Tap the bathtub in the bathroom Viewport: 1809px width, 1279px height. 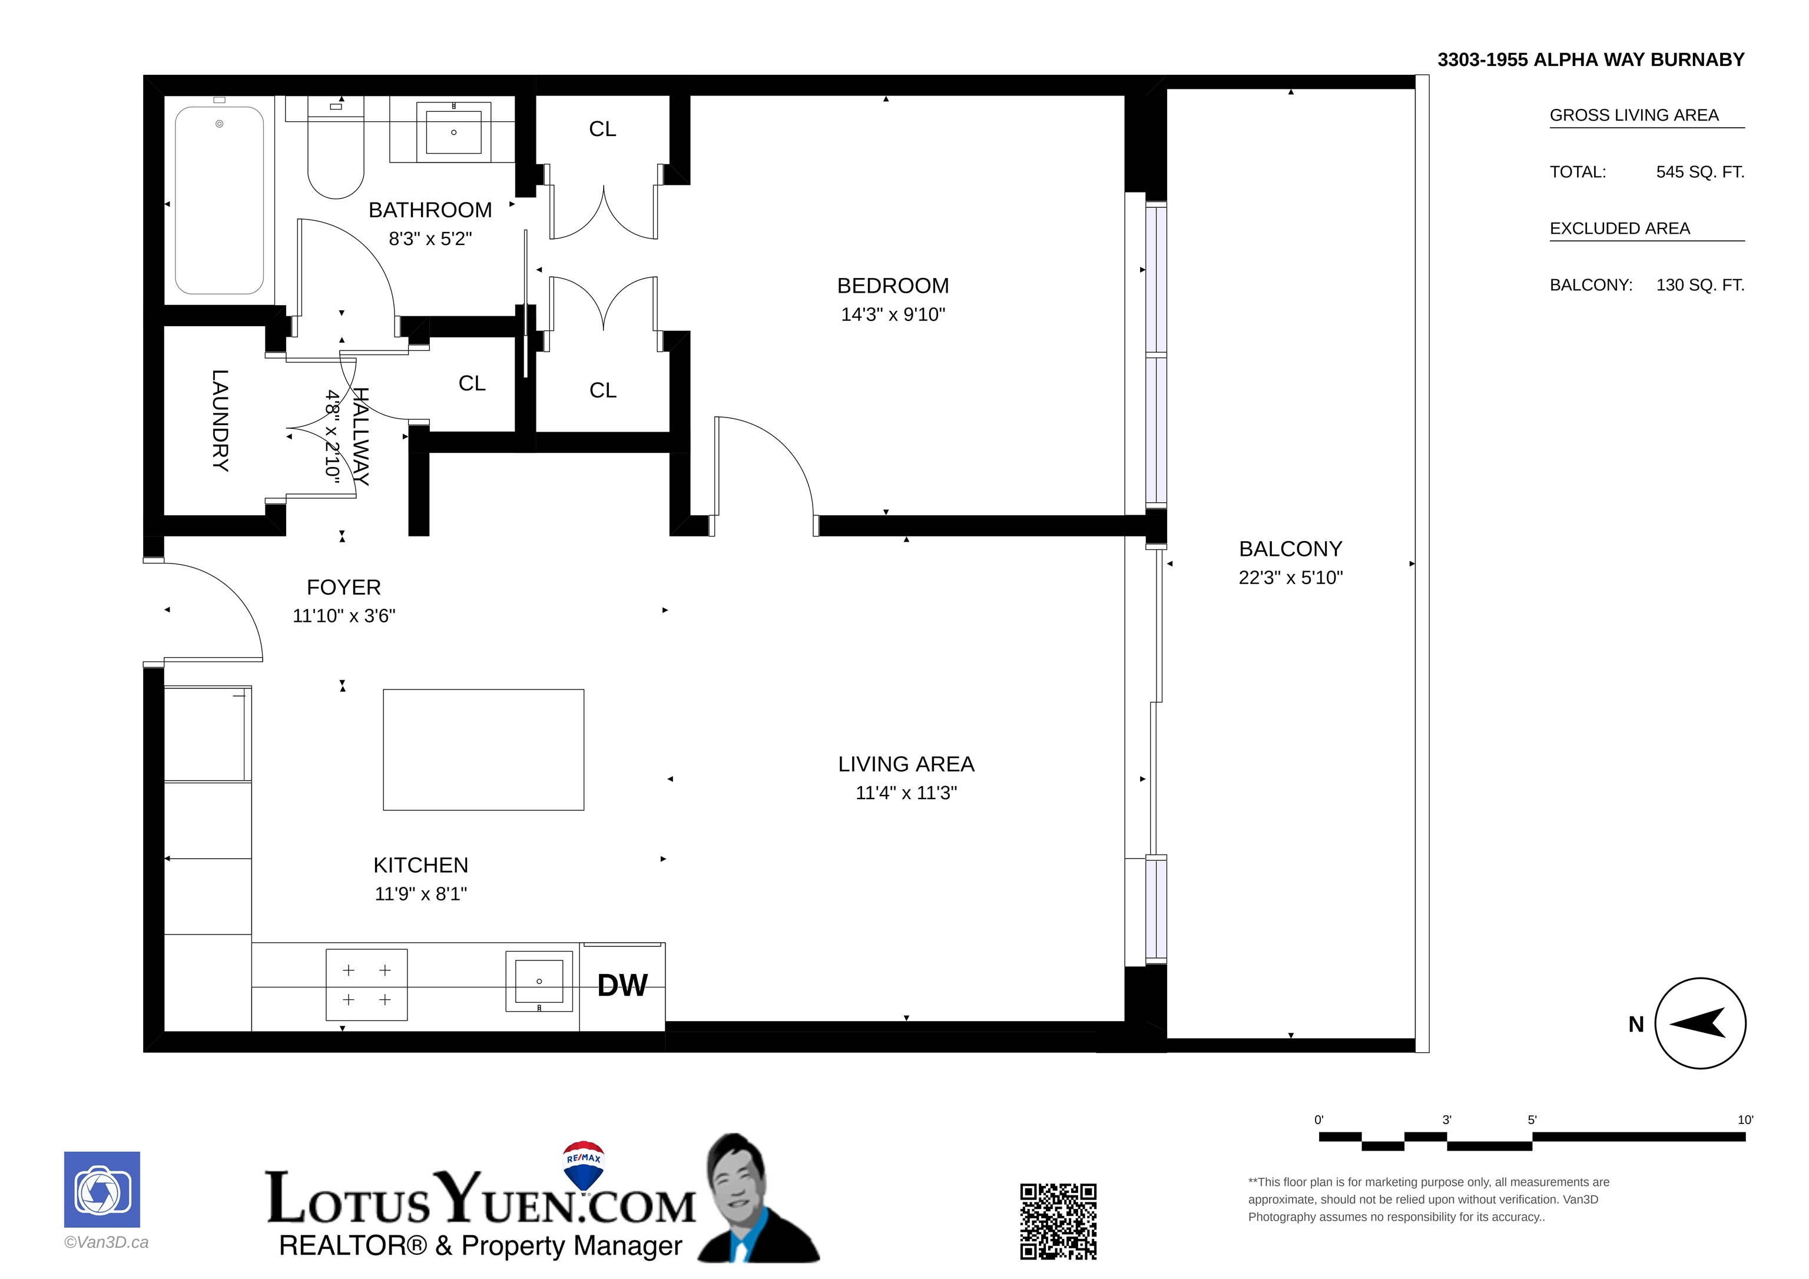point(219,200)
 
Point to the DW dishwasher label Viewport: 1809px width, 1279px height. point(622,985)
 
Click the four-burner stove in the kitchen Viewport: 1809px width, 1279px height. point(366,985)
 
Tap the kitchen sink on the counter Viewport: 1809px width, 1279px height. point(539,981)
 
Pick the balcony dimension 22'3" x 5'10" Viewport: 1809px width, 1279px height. point(1291,578)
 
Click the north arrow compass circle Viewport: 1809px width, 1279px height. point(1700,1023)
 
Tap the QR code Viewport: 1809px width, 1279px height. point(1058,1221)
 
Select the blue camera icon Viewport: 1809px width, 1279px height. point(102,1190)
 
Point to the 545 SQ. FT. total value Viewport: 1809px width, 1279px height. point(1700,172)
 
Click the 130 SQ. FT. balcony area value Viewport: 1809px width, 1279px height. point(1700,285)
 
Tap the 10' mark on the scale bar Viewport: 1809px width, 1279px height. point(1745,1120)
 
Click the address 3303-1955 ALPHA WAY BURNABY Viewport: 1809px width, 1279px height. point(1591,60)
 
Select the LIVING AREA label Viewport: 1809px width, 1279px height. point(906,764)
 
